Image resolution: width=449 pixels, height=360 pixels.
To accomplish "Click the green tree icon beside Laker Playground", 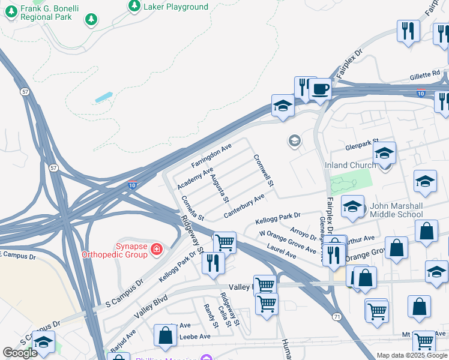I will click(133, 6).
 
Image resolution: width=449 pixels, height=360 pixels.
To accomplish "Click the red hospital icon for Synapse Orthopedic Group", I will click(157, 248).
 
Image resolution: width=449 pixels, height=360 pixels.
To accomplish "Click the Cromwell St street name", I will click(264, 170).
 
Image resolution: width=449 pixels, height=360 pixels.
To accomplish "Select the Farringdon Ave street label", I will click(211, 156).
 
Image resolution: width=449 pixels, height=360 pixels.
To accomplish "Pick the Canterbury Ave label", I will click(244, 206).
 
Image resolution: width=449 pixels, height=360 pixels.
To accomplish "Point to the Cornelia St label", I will click(193, 208).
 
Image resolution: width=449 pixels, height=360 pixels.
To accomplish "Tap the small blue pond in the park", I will click(103, 97).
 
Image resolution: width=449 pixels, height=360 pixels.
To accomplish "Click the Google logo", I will click(20, 353).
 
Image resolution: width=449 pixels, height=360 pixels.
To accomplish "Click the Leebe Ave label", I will click(195, 337).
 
